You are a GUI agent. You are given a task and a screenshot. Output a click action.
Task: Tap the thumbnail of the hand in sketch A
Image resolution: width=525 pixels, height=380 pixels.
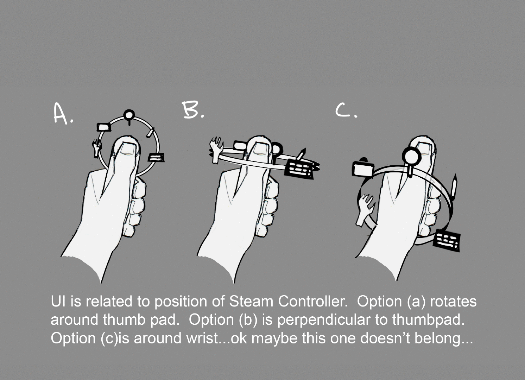(x=128, y=149)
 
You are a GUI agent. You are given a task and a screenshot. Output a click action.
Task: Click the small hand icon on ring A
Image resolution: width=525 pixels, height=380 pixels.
(x=96, y=148)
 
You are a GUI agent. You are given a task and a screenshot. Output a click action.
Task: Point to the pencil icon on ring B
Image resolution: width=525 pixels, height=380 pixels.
(x=301, y=154)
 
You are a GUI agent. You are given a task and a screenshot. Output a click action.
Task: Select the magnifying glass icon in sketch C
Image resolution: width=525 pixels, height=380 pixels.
(x=411, y=160)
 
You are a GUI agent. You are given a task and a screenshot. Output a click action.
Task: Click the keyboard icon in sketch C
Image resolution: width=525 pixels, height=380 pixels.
(x=447, y=241)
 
